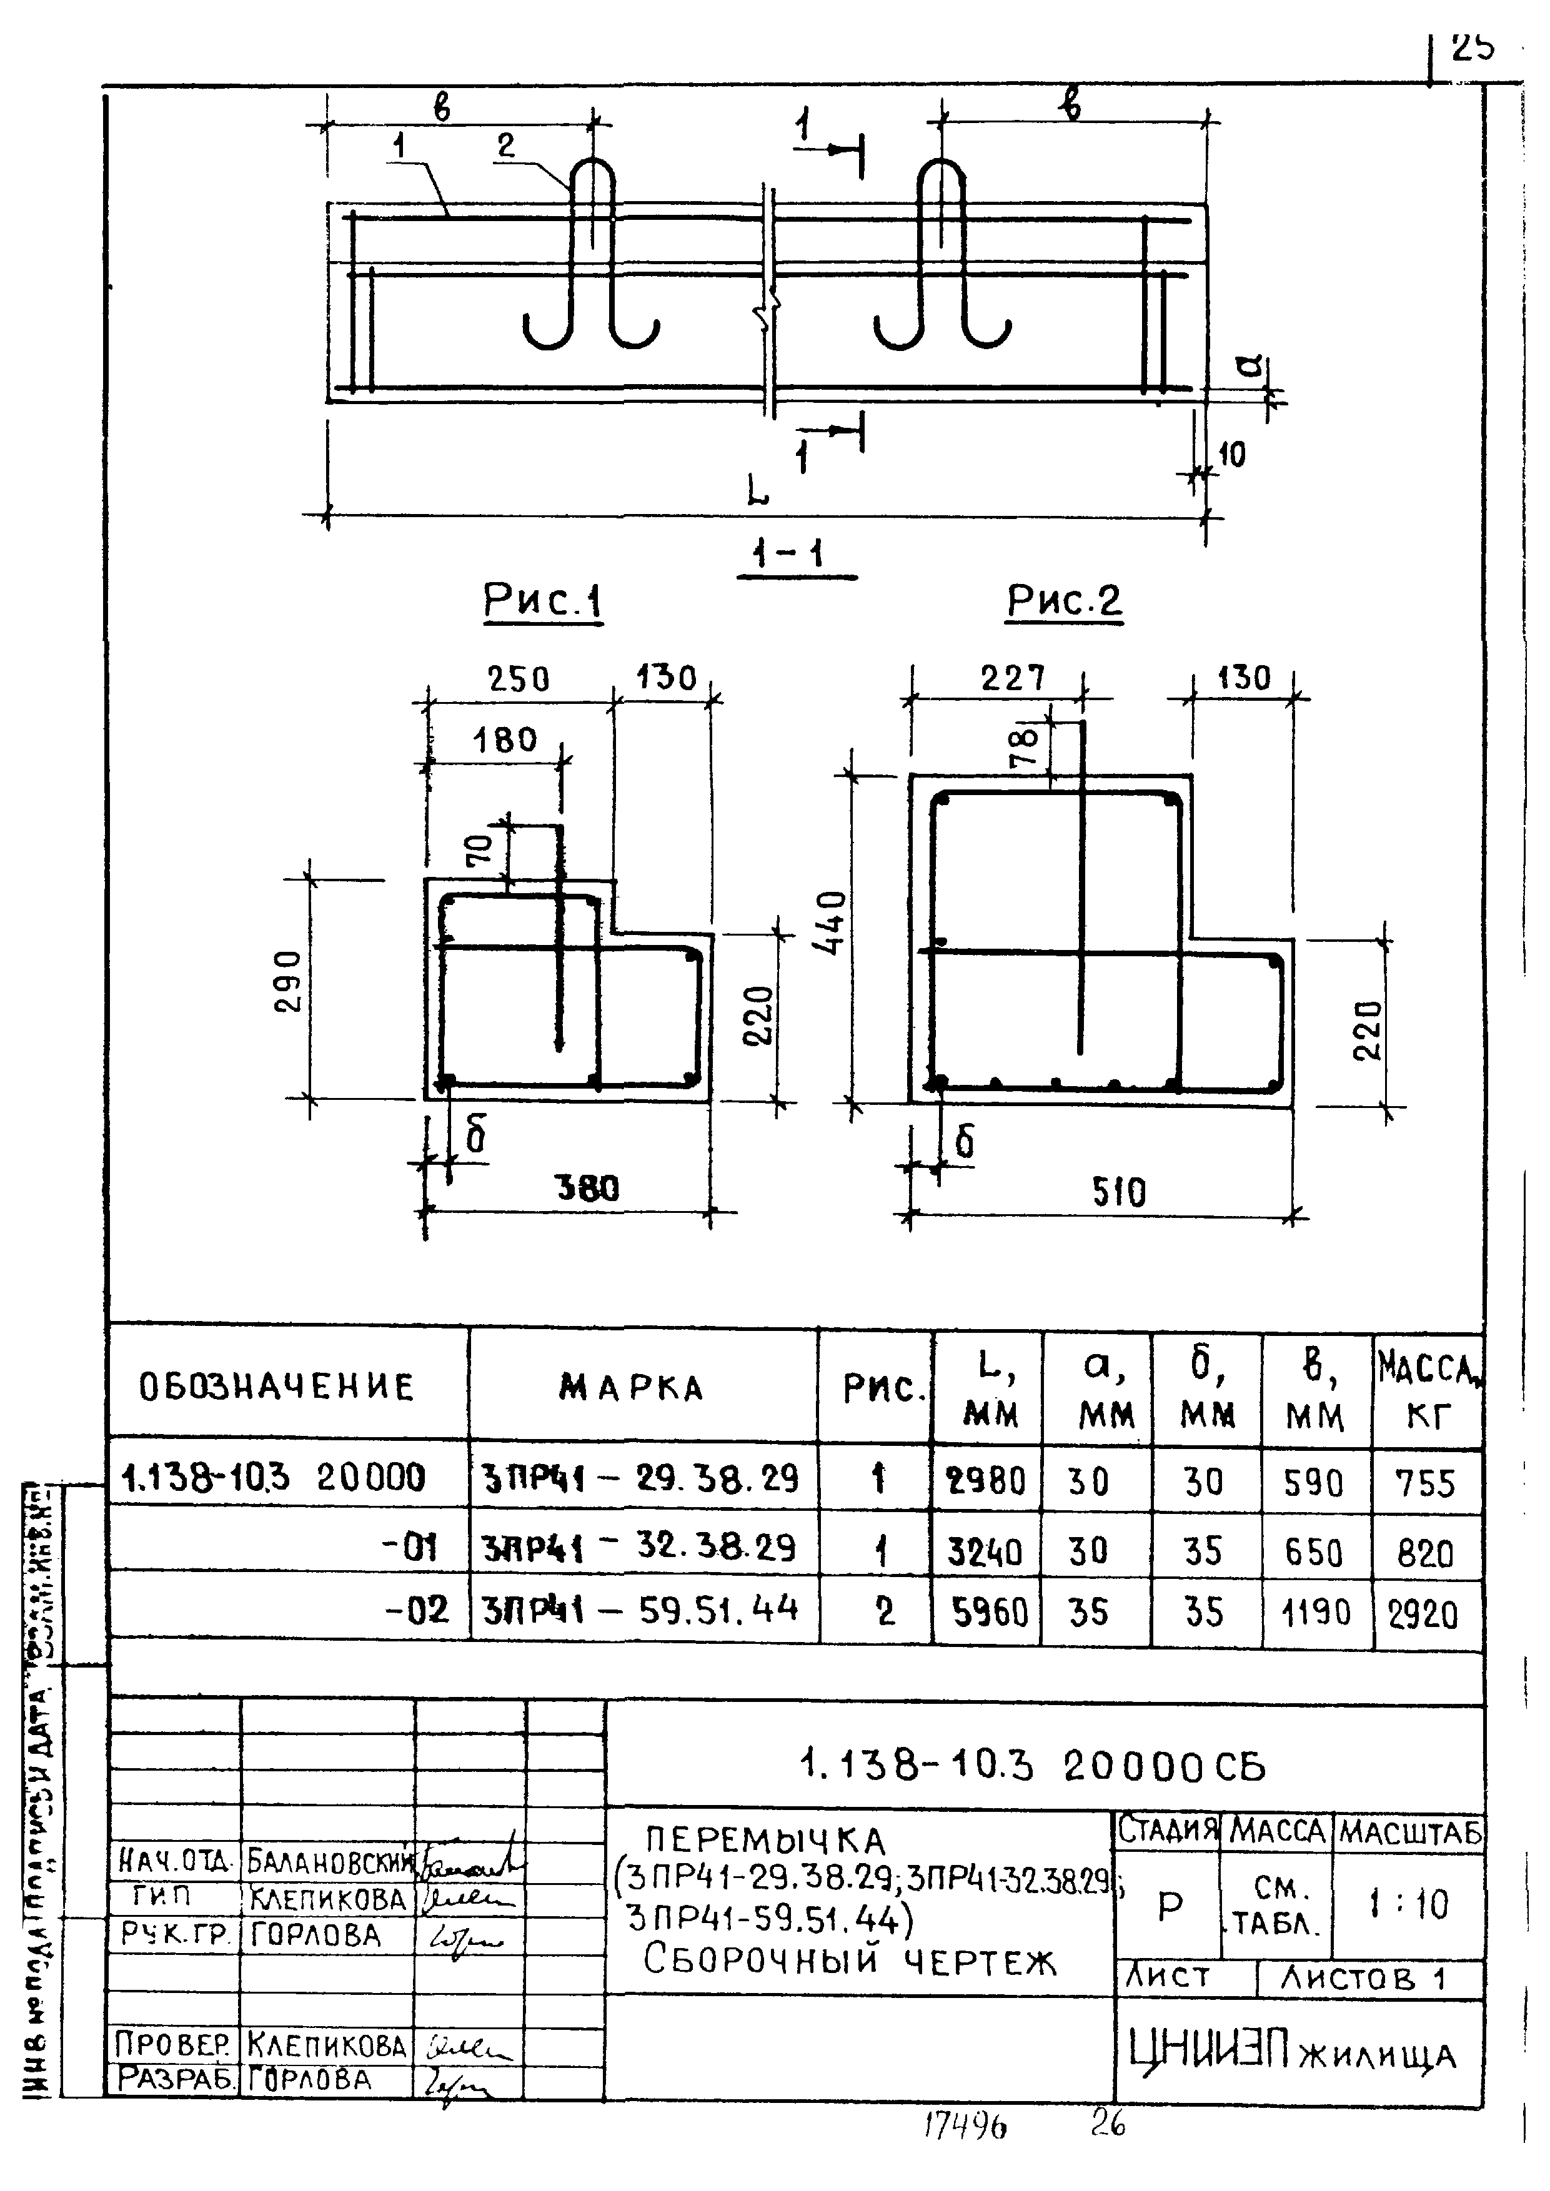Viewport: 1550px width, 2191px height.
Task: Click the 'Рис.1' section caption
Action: tap(542, 601)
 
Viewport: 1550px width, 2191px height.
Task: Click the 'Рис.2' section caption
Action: tap(1064, 601)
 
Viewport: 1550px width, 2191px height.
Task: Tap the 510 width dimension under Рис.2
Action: tap(1118, 1192)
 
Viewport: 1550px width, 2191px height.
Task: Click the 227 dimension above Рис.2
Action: tap(1013, 678)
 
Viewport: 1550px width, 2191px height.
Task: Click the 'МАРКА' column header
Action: tap(632, 1388)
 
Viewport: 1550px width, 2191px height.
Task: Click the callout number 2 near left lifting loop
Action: tap(506, 145)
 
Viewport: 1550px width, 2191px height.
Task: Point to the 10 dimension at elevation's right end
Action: tap(1232, 455)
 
